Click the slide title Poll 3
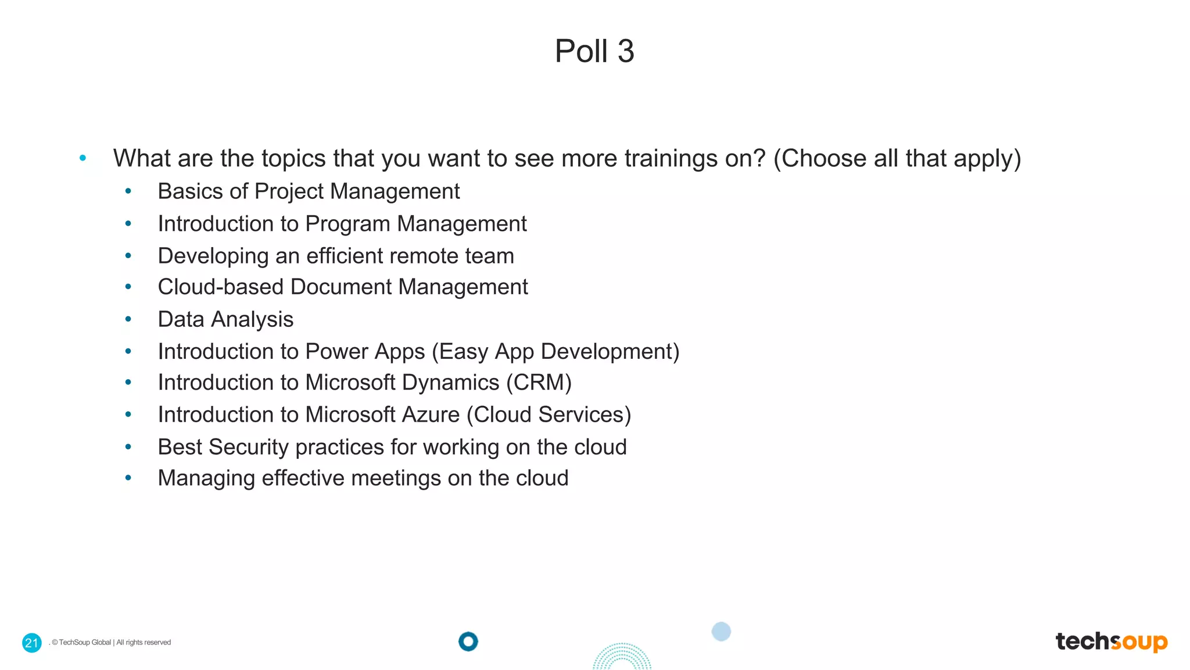click(x=594, y=51)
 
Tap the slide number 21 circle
click(x=32, y=643)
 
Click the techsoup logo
click(x=1111, y=642)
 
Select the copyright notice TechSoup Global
click(x=112, y=643)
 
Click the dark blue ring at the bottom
click(x=468, y=642)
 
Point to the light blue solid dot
click(x=721, y=632)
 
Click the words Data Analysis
click(x=225, y=319)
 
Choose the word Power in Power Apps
click(x=336, y=352)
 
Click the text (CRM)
click(x=539, y=383)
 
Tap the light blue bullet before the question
click(x=83, y=158)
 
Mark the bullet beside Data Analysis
click(x=128, y=319)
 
